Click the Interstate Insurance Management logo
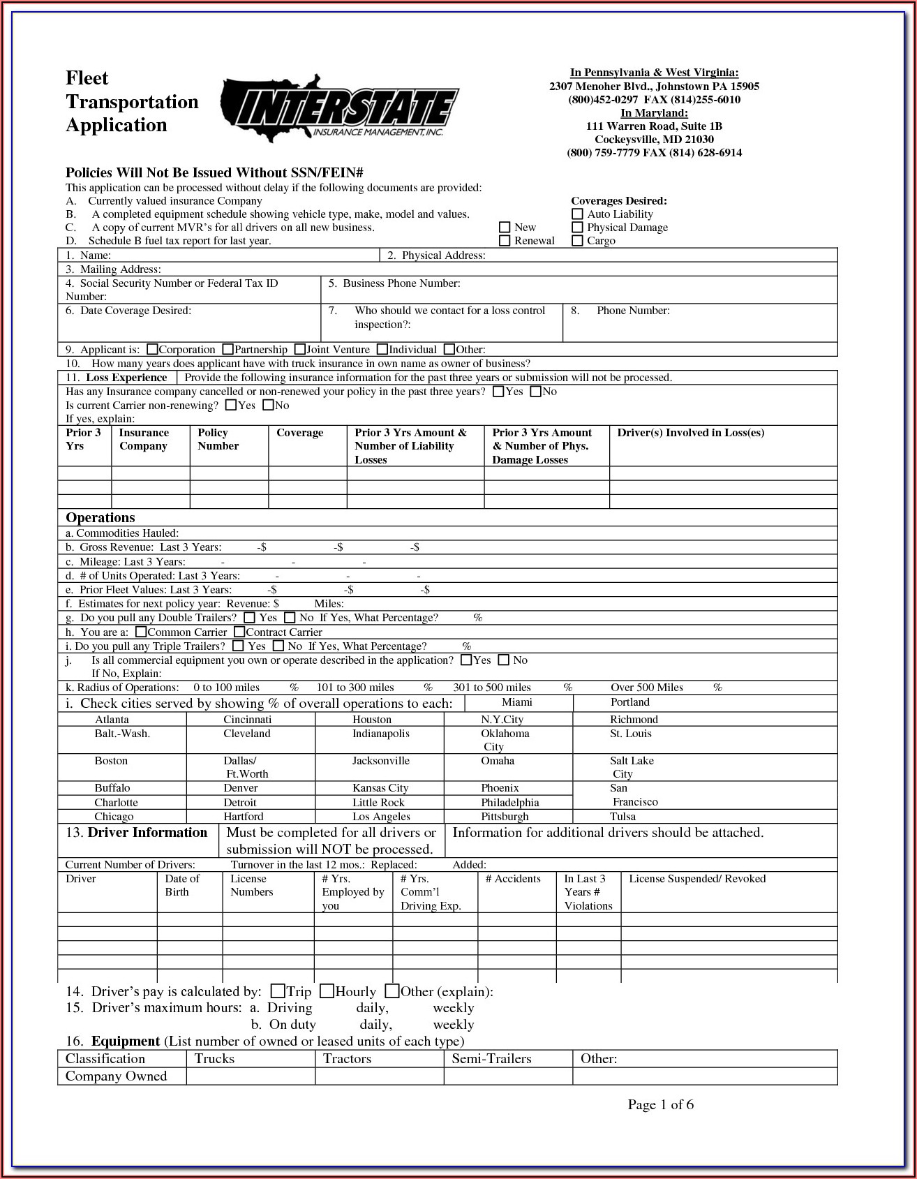click(x=339, y=108)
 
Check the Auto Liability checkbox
click(x=577, y=214)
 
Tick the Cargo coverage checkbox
click(x=577, y=241)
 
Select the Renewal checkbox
click(x=505, y=241)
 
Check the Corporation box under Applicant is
click(x=153, y=349)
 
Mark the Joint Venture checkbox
click(x=300, y=349)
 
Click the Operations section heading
click(x=100, y=517)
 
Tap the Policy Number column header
click(x=218, y=439)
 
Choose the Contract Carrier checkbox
click(x=239, y=632)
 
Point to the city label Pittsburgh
click(x=505, y=816)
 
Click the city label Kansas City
click(x=380, y=788)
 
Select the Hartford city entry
click(x=244, y=816)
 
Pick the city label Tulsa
click(x=622, y=816)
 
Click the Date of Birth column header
click(x=182, y=885)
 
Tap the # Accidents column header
click(x=513, y=879)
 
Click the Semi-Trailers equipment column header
click(x=491, y=1058)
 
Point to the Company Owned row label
click(x=116, y=1076)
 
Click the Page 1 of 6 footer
click(x=660, y=1104)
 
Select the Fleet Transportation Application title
click(x=132, y=101)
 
